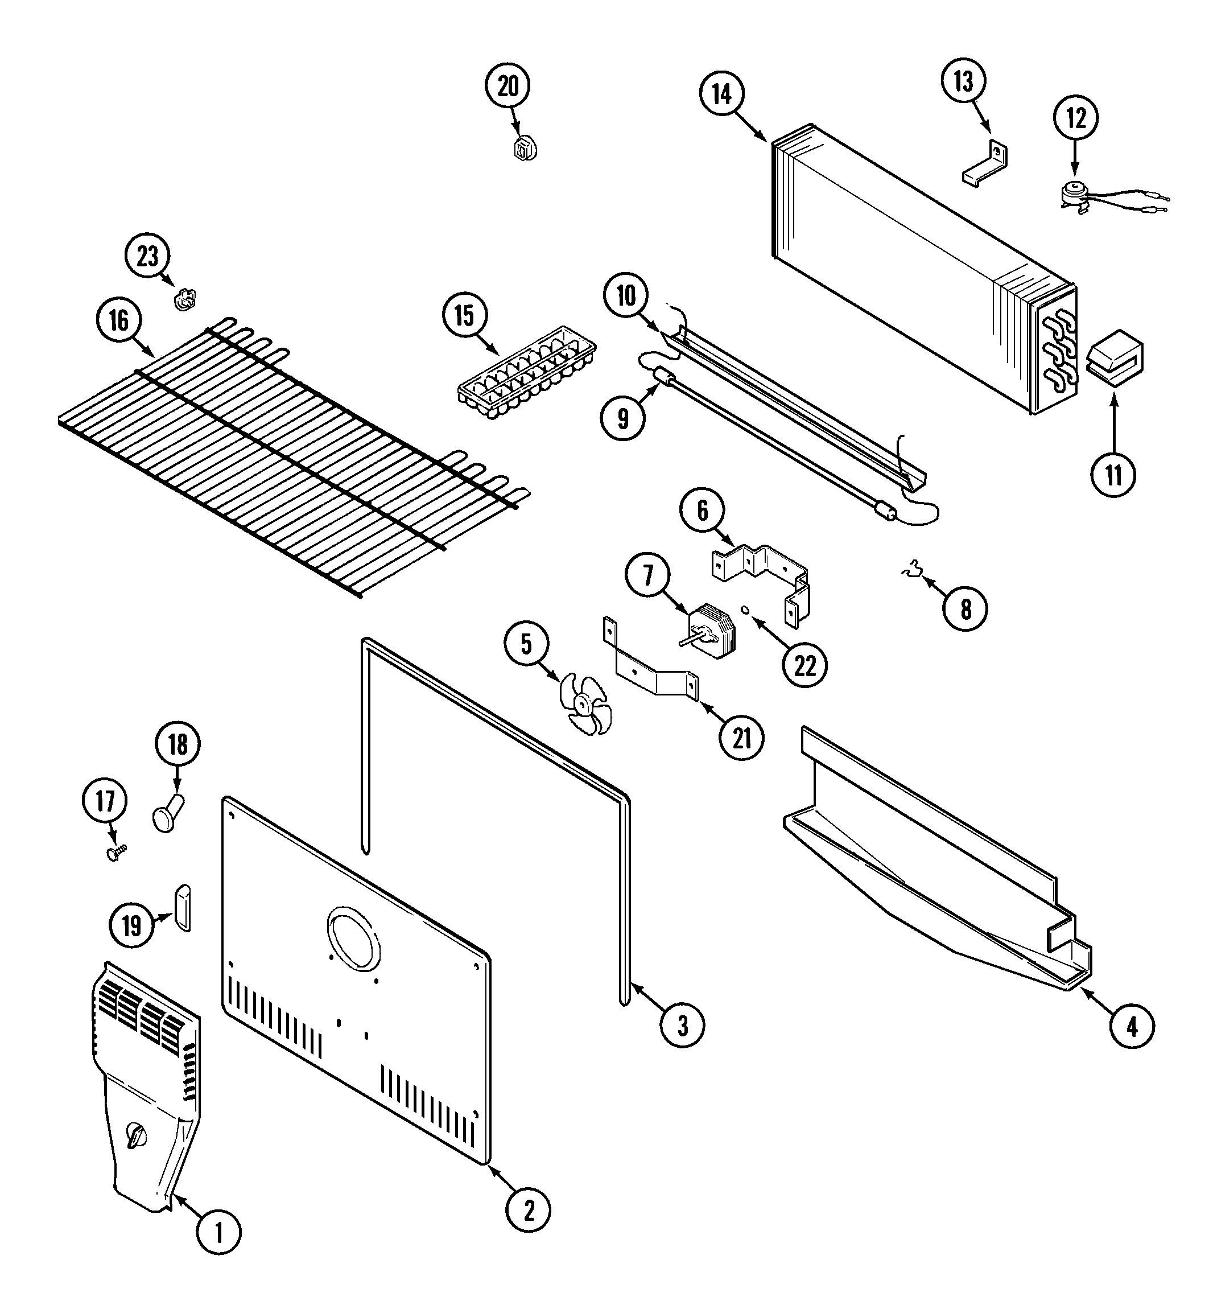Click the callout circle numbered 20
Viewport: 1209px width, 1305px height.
[x=508, y=87]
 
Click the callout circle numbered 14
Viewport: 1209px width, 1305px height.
[x=721, y=94]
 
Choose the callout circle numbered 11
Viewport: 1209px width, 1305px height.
[x=1113, y=475]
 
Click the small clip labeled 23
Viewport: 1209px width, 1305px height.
[x=184, y=300]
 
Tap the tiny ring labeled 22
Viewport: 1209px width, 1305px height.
[x=745, y=610]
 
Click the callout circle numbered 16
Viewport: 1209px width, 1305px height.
[x=119, y=322]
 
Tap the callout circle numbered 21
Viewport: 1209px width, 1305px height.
[x=742, y=738]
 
